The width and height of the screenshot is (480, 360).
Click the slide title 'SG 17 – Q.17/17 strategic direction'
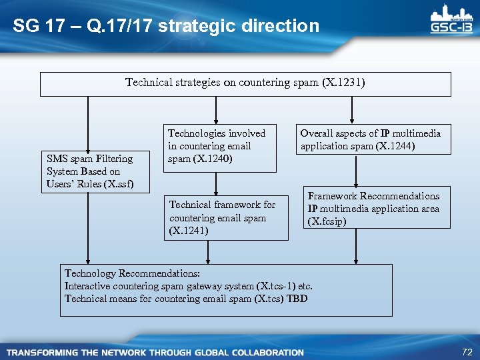click(166, 27)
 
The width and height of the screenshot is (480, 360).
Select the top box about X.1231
click(245, 84)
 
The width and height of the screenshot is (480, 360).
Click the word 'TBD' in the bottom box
click(297, 299)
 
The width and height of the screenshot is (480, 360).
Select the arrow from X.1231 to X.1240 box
click(215, 110)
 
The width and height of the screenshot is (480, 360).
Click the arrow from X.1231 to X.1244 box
click(351, 110)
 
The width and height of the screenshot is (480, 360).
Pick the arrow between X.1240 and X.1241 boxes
click(215, 183)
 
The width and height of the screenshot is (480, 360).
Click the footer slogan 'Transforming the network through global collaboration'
click(155, 352)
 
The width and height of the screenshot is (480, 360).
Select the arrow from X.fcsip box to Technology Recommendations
click(356, 246)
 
